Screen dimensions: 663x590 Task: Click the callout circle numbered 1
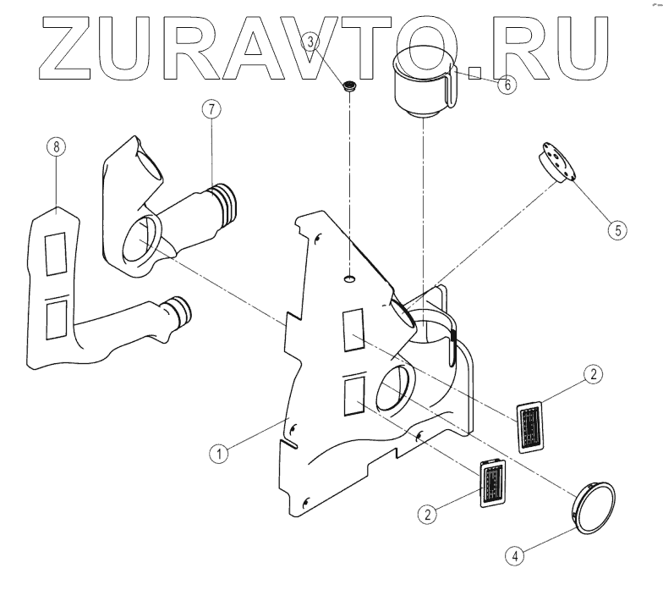point(220,453)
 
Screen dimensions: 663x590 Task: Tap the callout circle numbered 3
point(310,40)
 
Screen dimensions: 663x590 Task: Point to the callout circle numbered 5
point(618,229)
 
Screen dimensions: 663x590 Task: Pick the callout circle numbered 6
point(507,85)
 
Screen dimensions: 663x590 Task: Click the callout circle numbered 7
point(211,109)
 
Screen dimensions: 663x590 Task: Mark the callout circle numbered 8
point(56,147)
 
